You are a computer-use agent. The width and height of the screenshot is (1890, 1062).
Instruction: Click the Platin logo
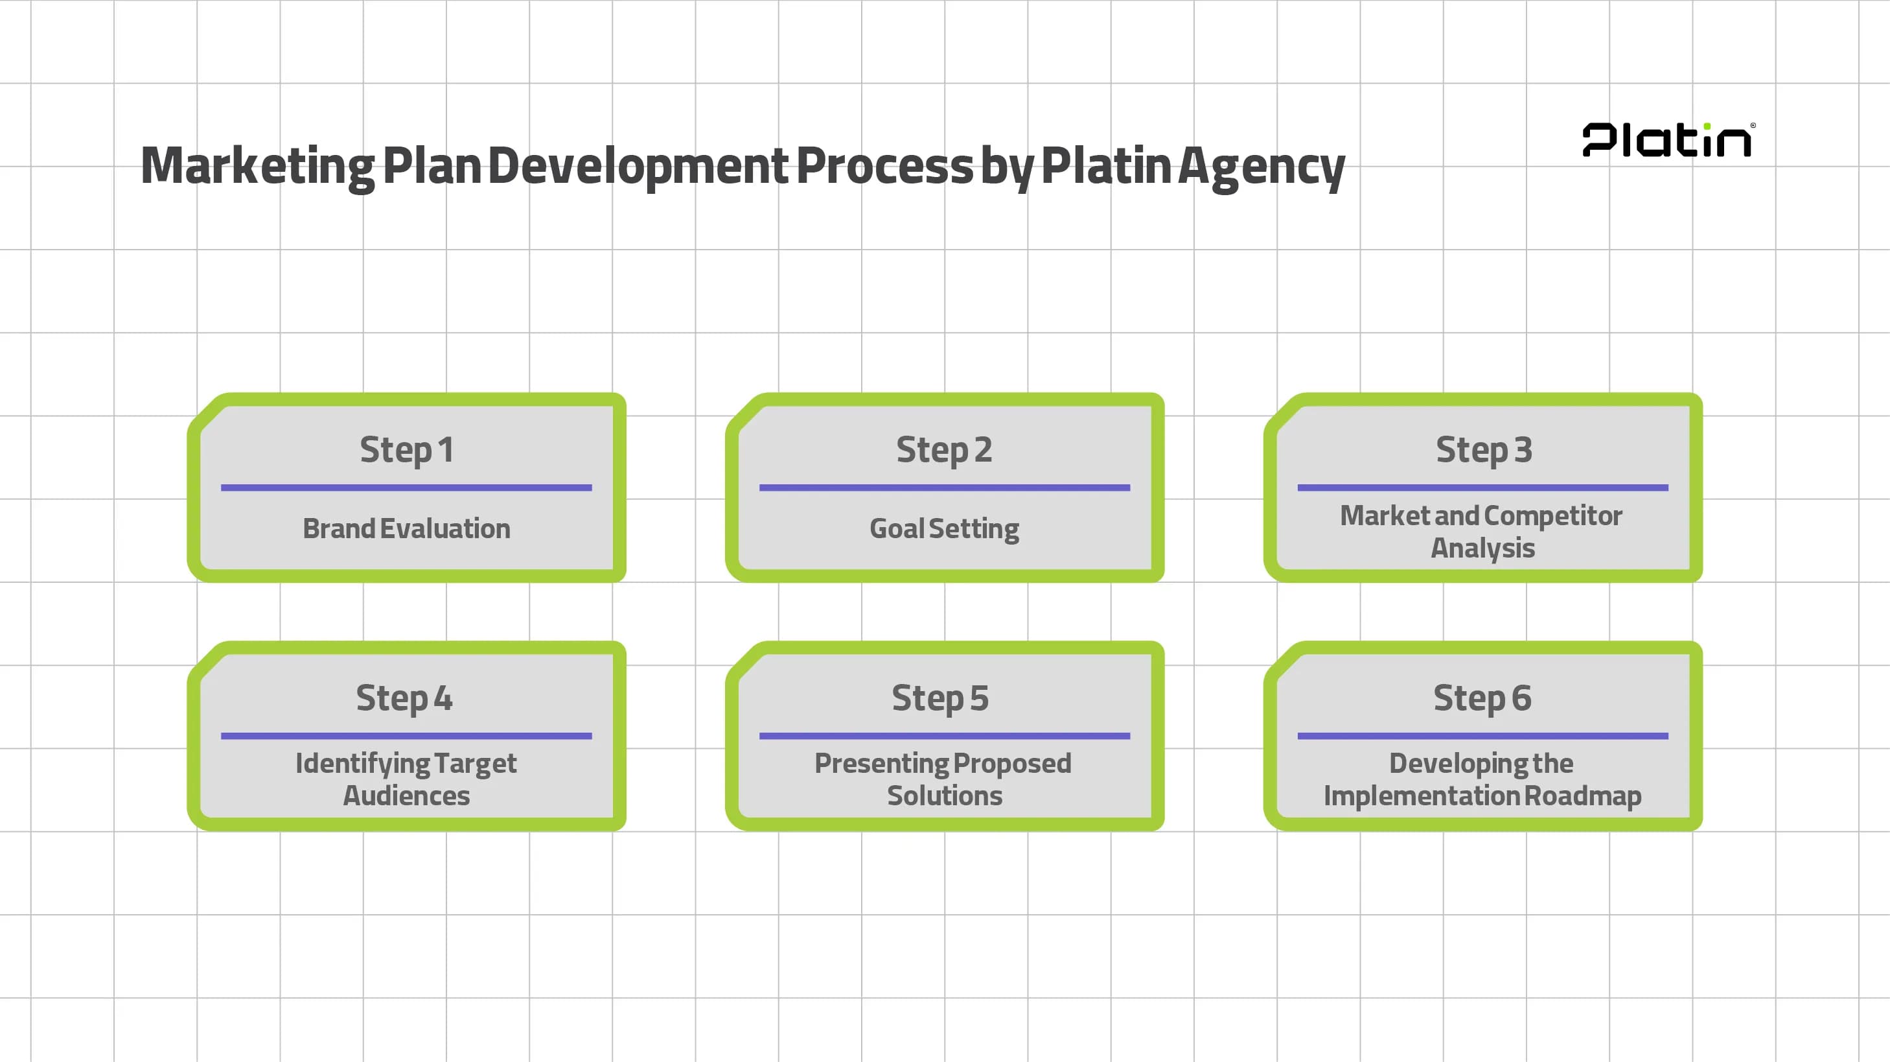[x=1668, y=140]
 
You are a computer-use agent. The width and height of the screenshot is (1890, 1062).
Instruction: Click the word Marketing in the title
[x=257, y=166]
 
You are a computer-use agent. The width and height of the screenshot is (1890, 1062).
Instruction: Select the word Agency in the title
[x=1262, y=167]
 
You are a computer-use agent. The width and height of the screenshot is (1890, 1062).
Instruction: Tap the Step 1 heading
[x=406, y=449]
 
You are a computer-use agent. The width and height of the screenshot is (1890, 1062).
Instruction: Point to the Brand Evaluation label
[x=406, y=528]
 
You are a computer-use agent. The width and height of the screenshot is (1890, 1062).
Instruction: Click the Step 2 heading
[x=944, y=449]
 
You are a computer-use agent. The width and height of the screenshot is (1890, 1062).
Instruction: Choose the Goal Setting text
[x=944, y=528]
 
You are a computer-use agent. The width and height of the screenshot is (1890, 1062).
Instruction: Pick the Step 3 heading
[x=1484, y=449]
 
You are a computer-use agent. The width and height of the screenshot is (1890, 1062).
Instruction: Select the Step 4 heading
[x=404, y=697]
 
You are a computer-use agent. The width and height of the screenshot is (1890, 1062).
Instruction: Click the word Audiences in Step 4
[x=406, y=796]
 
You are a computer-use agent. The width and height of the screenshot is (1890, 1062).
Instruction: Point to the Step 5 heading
[x=940, y=697]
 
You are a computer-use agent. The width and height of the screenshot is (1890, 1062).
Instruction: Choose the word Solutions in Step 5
[x=944, y=796]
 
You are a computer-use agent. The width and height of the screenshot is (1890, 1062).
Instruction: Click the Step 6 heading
[x=1482, y=697]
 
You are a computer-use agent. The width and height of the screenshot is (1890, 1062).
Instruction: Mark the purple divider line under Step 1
[x=406, y=488]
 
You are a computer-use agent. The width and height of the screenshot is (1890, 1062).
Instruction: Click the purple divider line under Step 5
[x=944, y=735]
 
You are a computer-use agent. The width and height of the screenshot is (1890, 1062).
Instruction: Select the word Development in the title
[x=638, y=166]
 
